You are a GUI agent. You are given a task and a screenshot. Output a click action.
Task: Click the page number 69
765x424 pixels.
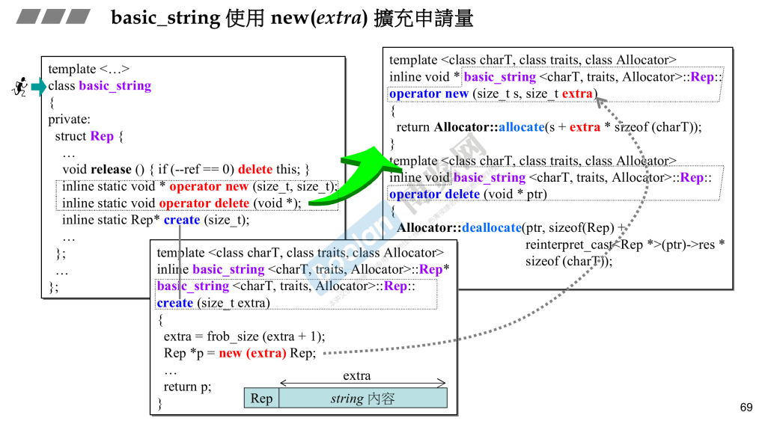746,408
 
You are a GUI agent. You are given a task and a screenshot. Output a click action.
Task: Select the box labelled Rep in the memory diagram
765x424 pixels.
261,399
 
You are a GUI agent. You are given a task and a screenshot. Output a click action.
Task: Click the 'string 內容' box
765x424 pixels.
362,399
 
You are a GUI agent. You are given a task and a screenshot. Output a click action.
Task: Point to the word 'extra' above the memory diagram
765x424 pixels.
356,375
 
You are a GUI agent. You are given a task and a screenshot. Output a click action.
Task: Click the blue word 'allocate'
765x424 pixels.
521,127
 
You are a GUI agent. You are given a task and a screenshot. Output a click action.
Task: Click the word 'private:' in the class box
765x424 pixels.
69,120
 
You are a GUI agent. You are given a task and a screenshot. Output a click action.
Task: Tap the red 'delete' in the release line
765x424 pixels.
255,170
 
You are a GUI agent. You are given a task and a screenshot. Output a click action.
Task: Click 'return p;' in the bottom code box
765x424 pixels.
187,387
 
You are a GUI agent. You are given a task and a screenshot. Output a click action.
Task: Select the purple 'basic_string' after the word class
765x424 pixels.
115,86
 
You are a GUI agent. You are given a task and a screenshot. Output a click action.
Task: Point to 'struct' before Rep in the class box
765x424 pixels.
70,136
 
